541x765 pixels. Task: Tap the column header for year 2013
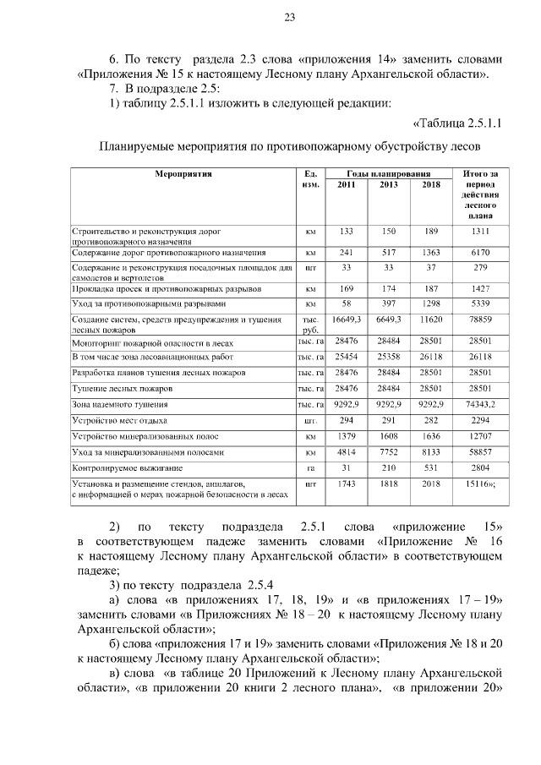pyautogui.click(x=389, y=184)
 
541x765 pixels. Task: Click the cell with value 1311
pyautogui.click(x=480, y=231)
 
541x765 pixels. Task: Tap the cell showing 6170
pyautogui.click(x=480, y=252)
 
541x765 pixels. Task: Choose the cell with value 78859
pyautogui.click(x=480, y=320)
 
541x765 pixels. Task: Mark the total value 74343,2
pyautogui.click(x=480, y=404)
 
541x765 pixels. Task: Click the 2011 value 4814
pyautogui.click(x=346, y=452)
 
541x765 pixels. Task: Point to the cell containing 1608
pyautogui.click(x=389, y=436)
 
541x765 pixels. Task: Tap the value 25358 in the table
pyautogui.click(x=389, y=357)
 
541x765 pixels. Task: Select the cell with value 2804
pyautogui.click(x=480, y=467)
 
